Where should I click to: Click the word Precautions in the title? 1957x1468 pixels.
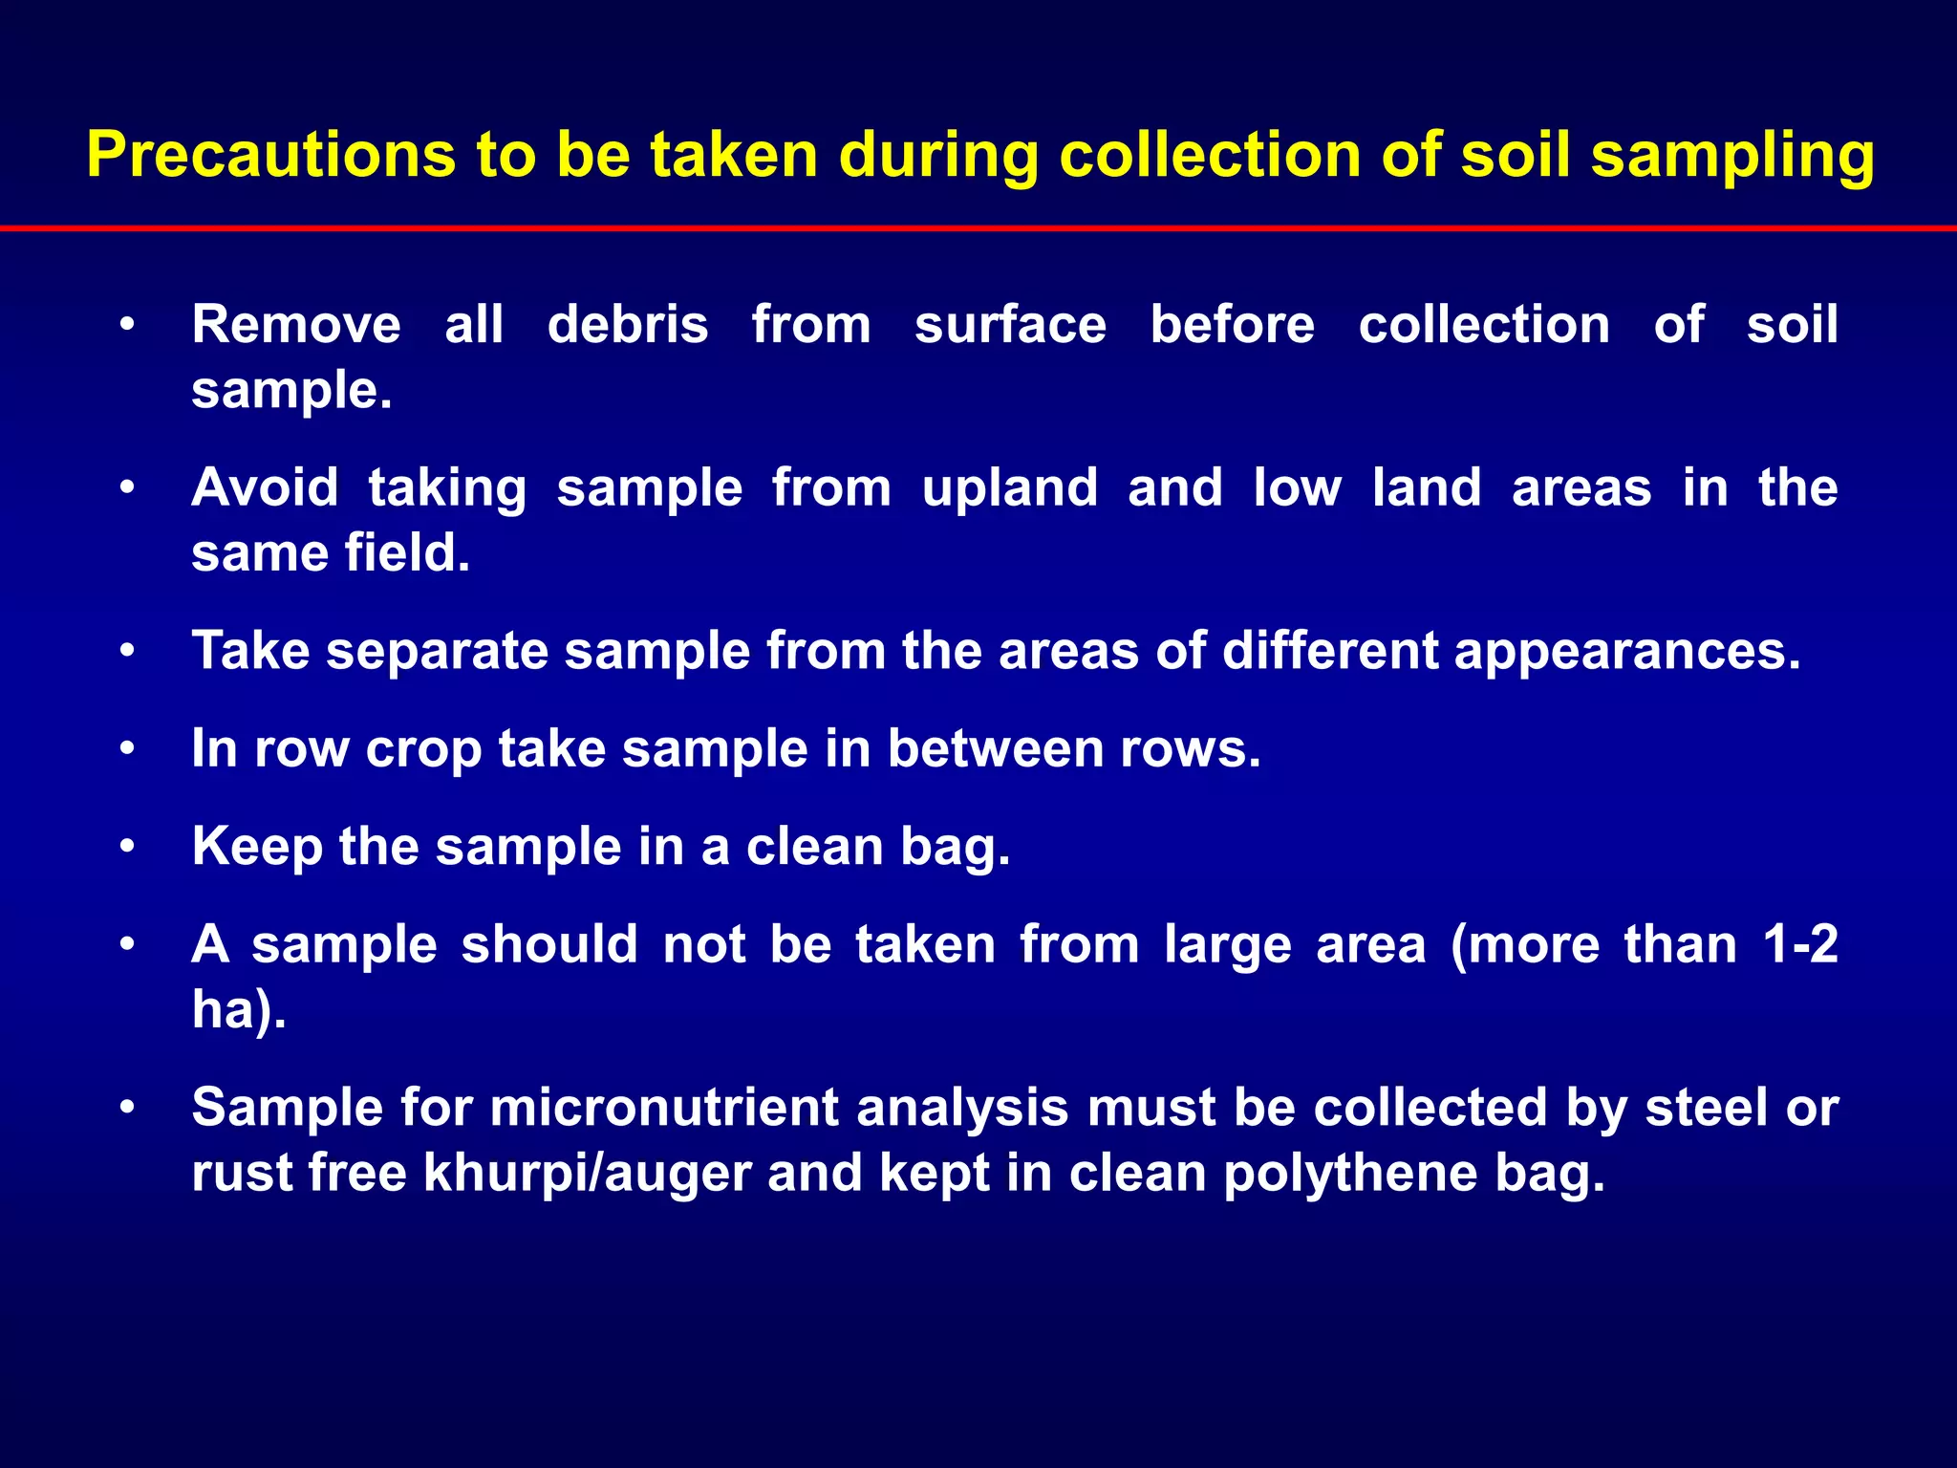(x=270, y=155)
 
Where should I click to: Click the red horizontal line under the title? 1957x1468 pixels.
(x=978, y=228)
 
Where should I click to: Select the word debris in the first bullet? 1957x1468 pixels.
(x=628, y=324)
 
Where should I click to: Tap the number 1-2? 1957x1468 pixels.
(x=1800, y=944)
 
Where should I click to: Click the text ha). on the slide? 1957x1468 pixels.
(x=239, y=1009)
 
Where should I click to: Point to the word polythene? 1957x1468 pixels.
(x=1350, y=1175)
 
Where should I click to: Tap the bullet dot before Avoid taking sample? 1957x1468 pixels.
(x=127, y=488)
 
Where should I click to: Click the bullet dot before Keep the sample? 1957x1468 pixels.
(x=127, y=847)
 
